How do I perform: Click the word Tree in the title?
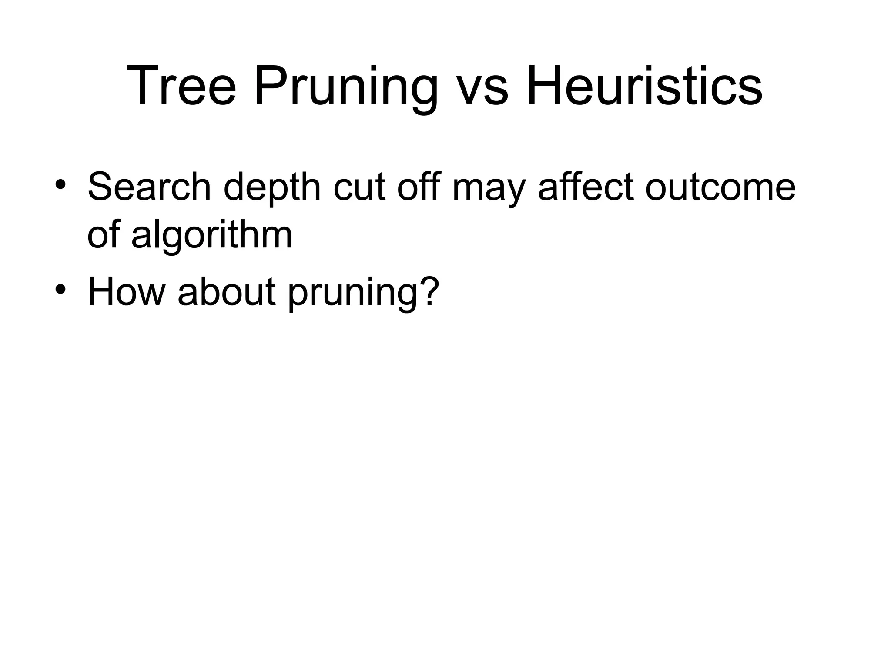pyautogui.click(x=181, y=85)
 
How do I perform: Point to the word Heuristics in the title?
pyautogui.click(x=644, y=85)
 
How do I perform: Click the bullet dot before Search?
pyautogui.click(x=60, y=185)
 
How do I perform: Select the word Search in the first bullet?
pyautogui.click(x=149, y=187)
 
